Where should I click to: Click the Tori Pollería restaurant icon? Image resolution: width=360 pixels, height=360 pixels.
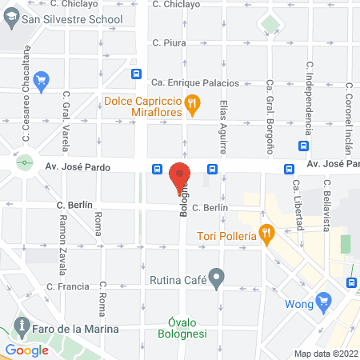(x=267, y=234)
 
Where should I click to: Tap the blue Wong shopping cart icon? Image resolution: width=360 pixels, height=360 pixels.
(x=323, y=302)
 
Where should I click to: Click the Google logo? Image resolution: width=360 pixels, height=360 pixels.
(x=27, y=350)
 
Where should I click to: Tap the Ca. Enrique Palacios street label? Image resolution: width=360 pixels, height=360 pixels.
(x=195, y=82)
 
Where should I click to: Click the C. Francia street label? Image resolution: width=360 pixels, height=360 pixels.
(x=67, y=286)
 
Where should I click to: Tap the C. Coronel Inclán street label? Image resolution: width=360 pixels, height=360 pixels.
(x=348, y=104)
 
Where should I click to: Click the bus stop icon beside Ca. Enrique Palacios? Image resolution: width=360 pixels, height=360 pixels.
(x=138, y=75)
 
